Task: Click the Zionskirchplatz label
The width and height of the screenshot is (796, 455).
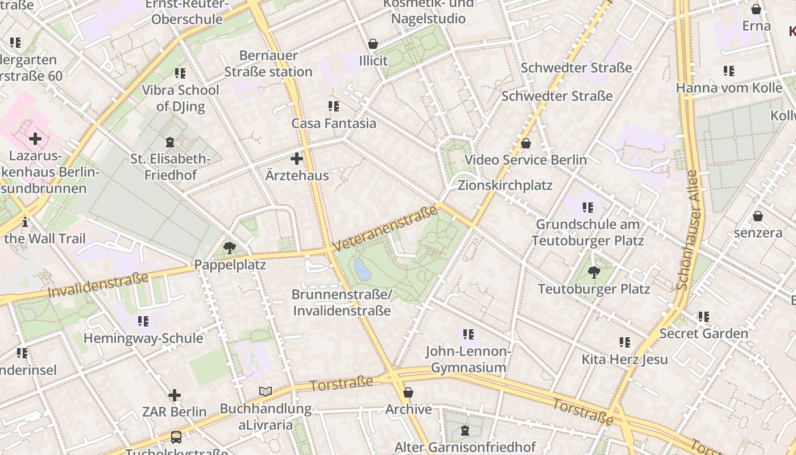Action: (x=505, y=185)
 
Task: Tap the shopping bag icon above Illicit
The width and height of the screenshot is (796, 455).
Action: (x=373, y=44)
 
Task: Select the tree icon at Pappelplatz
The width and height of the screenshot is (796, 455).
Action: (x=230, y=247)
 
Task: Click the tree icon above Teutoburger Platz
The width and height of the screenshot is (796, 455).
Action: (x=594, y=272)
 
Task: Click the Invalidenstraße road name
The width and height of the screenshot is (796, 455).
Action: (x=98, y=285)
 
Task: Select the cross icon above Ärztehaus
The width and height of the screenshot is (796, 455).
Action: (x=297, y=159)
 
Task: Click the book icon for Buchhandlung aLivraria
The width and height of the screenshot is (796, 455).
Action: (x=266, y=391)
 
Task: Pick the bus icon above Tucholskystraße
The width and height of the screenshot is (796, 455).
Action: (x=176, y=437)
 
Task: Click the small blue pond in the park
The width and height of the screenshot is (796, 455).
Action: (x=362, y=269)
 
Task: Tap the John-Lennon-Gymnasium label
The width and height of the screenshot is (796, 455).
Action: (x=468, y=359)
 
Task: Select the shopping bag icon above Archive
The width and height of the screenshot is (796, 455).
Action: (x=408, y=392)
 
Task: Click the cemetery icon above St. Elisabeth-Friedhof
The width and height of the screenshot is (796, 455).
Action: (x=169, y=142)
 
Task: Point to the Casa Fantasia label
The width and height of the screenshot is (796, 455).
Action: (x=334, y=123)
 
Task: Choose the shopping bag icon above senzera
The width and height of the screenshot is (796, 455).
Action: (x=757, y=216)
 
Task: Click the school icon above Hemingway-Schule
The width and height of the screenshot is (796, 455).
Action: (x=143, y=321)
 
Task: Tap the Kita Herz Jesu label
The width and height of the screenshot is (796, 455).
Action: (x=624, y=359)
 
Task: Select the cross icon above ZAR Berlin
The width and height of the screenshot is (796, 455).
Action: (x=175, y=395)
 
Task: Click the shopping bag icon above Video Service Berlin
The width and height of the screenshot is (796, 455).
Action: (x=526, y=143)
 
